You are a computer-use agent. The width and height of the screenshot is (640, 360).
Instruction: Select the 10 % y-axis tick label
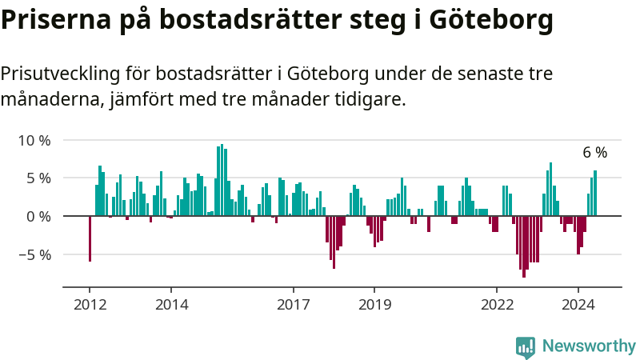34,141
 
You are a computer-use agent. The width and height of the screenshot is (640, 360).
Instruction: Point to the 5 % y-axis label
38,178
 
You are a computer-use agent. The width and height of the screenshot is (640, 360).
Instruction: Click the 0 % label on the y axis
38,217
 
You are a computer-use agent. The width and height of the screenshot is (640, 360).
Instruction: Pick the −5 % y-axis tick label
34,255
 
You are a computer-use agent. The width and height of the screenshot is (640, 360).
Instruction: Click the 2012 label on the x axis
90,305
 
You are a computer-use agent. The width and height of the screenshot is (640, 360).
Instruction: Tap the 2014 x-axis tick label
171,305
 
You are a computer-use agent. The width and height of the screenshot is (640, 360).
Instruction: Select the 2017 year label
294,305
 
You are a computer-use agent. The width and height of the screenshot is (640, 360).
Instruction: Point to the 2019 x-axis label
374,305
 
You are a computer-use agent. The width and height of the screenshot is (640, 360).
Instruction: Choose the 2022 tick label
497,305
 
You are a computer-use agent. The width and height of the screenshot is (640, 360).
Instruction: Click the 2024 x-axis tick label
578,305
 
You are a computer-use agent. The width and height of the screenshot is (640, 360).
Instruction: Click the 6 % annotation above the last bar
594,153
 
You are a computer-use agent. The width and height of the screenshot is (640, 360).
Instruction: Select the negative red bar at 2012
90,238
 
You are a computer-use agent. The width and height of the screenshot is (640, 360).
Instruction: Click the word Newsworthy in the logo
589,346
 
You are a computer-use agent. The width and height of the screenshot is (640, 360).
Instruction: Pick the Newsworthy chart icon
526,346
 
